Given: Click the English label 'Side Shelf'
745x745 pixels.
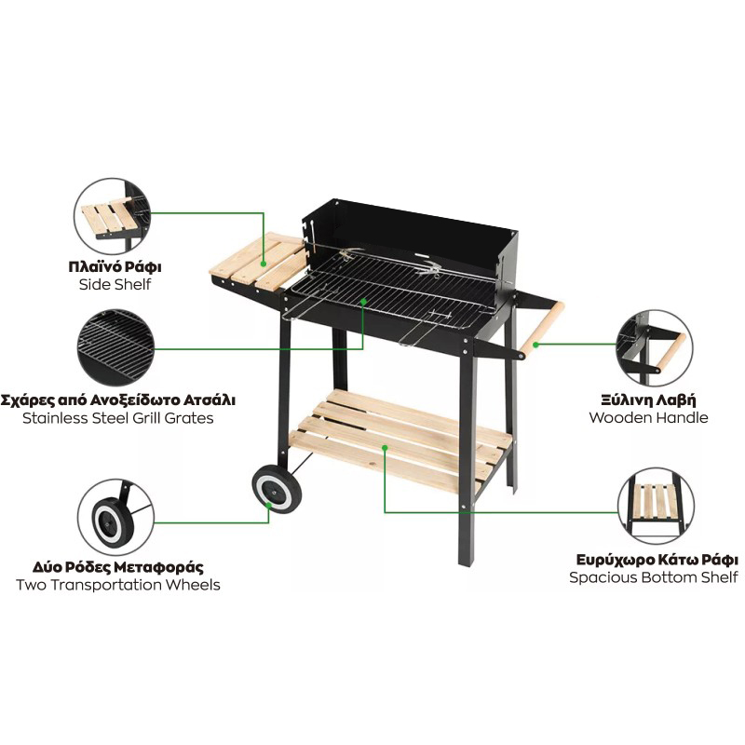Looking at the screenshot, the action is coord(115,285).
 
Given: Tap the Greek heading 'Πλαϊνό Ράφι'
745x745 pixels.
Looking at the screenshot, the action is coord(115,266).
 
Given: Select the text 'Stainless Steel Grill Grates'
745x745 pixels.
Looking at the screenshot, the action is coord(118,418).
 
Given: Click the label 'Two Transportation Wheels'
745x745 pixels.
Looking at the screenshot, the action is coord(118,585).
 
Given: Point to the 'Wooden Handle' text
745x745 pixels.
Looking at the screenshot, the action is coord(648,417).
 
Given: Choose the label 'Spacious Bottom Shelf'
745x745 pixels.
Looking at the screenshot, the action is coord(654,577).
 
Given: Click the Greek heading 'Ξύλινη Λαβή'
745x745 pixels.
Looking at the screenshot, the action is coord(648,400).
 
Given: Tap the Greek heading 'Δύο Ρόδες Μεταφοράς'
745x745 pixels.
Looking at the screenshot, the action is coord(118,567).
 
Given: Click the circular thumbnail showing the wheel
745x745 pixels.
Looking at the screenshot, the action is coord(115,517).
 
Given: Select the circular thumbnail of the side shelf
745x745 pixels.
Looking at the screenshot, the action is coord(113,216).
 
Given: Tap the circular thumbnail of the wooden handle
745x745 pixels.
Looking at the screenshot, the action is coord(655,348).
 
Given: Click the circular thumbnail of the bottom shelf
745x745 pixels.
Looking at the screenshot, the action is coord(657,506).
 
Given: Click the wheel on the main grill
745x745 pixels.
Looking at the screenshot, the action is coord(277,489).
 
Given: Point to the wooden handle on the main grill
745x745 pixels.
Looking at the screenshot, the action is coord(542,330).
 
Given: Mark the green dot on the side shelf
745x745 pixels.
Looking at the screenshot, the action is coord(264,263).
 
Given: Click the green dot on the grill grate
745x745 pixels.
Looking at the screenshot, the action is coord(363,301).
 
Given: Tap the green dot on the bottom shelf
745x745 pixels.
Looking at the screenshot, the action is coord(385,448).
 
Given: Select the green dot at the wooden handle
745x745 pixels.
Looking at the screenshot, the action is coord(535,345).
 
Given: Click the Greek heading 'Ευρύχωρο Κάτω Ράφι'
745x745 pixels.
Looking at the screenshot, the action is coord(657,561).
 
